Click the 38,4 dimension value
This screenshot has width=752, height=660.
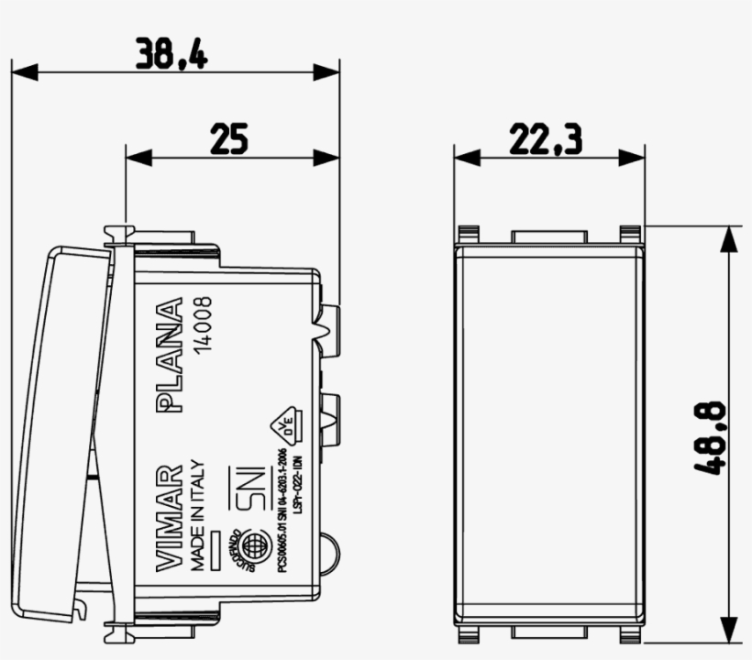[x=171, y=52]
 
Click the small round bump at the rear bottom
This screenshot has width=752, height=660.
[x=332, y=548]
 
